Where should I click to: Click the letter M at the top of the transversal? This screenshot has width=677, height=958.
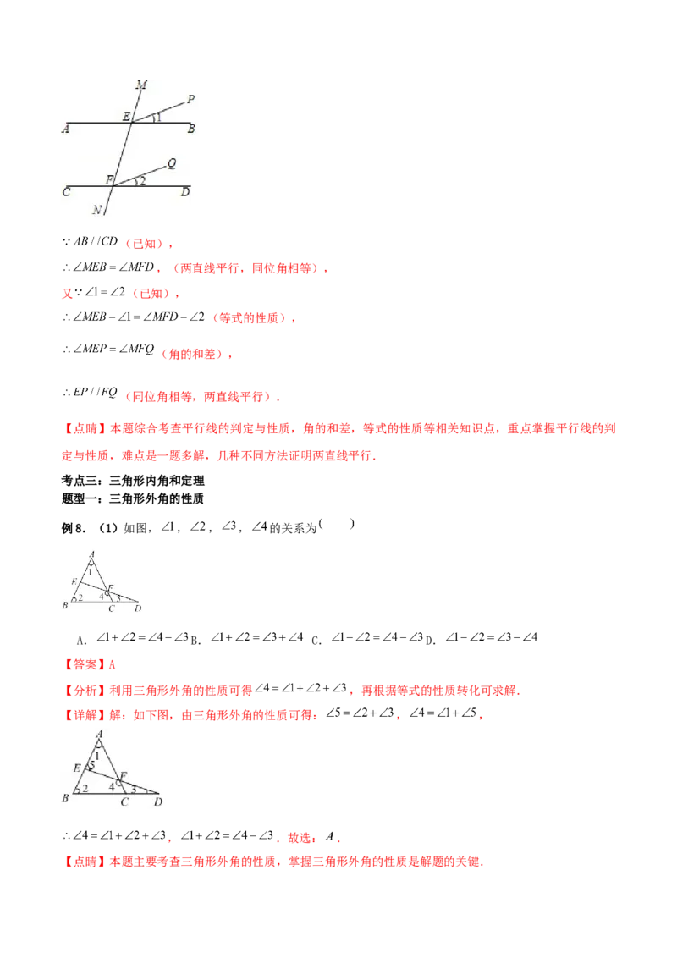[141, 85]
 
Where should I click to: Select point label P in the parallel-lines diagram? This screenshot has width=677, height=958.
[191, 99]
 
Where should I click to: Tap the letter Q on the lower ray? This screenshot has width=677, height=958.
[172, 163]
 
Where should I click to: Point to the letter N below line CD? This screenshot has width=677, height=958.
[97, 210]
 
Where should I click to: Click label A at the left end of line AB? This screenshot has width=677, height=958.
[65, 129]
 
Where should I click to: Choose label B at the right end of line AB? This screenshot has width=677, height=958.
[192, 129]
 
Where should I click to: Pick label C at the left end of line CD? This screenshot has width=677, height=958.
[66, 192]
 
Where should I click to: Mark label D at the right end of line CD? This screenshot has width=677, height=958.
[184, 192]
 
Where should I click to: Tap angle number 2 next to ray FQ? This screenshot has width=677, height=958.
[142, 181]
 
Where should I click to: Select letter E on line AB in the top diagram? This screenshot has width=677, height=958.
[126, 116]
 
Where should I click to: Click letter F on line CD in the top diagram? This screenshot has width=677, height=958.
[108, 179]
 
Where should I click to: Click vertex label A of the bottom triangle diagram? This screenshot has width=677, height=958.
[101, 734]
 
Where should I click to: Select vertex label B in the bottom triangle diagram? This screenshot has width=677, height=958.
[65, 798]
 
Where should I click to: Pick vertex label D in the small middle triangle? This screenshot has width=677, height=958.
[137, 608]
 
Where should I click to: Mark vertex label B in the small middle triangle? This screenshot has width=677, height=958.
[65, 606]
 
